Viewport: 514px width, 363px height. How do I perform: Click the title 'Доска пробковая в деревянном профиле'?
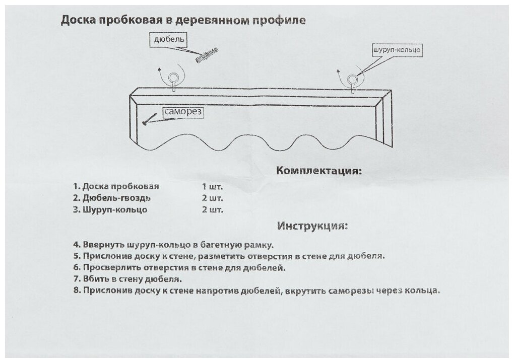click(182, 21)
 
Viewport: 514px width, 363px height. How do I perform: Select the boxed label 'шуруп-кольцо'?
click(396, 50)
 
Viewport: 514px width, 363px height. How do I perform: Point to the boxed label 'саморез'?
click(183, 113)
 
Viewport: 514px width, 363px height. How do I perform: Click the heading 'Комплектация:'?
click(319, 171)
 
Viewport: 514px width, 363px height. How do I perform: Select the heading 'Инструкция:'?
click(312, 225)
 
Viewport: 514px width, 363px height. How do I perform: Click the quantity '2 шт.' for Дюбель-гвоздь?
click(212, 197)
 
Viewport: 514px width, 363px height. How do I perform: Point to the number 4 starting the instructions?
click(76, 245)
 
